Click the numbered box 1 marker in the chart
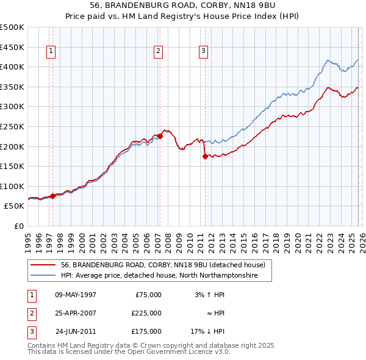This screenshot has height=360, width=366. [x=51, y=52]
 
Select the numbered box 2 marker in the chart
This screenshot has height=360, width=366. [x=158, y=52]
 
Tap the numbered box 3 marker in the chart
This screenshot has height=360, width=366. [x=203, y=52]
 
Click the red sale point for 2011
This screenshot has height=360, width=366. [x=205, y=156]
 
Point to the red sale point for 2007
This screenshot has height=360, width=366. [x=160, y=136]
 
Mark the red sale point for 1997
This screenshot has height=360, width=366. [x=53, y=196]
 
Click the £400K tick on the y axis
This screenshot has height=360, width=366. [x=12, y=67]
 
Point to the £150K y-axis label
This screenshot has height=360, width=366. [x=12, y=166]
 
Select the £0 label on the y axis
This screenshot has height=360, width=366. [x=18, y=226]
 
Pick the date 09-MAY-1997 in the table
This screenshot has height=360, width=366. [x=75, y=295]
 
